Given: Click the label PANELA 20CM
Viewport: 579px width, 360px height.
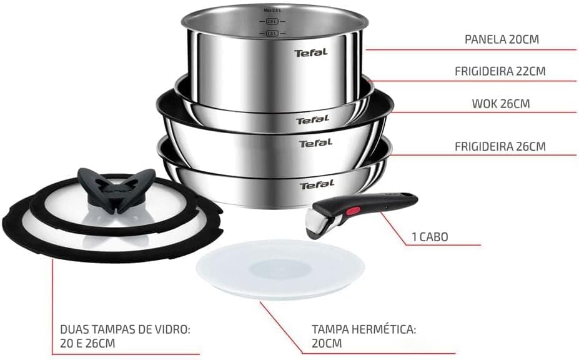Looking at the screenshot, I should [502, 39].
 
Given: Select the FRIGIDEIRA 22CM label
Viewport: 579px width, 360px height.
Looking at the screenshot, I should [500, 71].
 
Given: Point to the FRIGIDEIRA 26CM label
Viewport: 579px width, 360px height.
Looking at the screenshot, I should [500, 147].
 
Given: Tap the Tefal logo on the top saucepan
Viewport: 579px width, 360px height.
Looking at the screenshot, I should [310, 53].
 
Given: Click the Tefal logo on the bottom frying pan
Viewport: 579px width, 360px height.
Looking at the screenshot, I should [317, 185].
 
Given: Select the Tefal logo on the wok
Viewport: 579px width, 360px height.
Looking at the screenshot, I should [315, 144].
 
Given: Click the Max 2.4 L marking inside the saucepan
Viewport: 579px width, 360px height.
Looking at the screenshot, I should [270, 11].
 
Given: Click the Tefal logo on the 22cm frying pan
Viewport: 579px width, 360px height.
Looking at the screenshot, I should [312, 120].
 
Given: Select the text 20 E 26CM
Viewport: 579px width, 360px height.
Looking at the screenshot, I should [87, 343].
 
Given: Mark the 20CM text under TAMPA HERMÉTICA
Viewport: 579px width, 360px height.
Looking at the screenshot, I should [326, 343].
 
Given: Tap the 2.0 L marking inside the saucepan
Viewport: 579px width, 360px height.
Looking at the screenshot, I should [270, 22].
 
